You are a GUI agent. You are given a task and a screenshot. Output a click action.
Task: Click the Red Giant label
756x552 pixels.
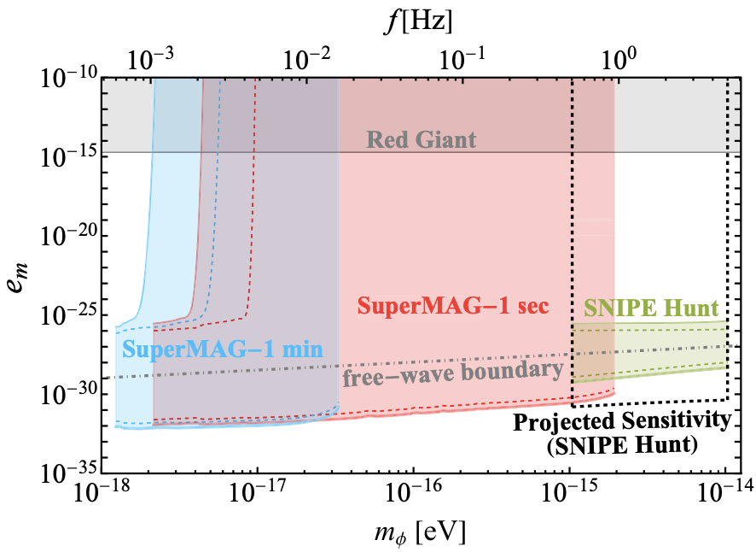coord(422,140)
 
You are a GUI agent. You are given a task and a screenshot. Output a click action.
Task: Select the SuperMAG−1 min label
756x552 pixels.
coord(199,349)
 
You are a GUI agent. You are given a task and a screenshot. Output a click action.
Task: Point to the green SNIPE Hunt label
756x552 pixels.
coord(649,307)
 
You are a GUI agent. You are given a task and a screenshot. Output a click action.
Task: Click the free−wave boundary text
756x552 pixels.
coord(453,374)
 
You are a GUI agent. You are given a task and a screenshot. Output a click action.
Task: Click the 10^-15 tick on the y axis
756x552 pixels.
coord(67,156)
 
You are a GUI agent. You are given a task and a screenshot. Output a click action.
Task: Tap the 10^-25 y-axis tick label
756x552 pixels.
coord(67,314)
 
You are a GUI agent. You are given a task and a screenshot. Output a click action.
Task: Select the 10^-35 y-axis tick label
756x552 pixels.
coord(67,472)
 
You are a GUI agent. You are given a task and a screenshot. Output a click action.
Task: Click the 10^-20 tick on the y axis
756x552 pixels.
coord(67,236)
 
